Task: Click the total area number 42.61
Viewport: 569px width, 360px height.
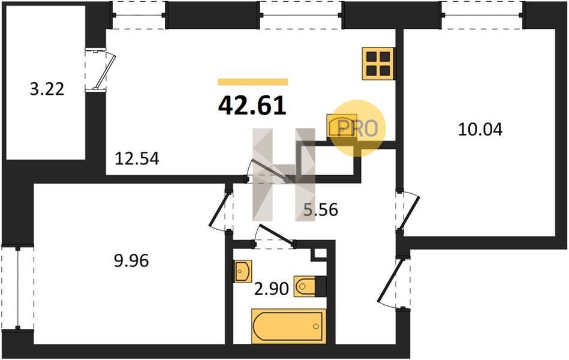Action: [252, 106]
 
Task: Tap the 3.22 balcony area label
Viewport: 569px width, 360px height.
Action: [47, 89]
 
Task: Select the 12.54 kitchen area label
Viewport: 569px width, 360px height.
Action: [137, 159]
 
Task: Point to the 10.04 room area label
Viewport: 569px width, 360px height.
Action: [480, 130]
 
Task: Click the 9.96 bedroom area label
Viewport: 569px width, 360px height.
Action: [131, 261]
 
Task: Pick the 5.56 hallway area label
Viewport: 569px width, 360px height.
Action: [321, 209]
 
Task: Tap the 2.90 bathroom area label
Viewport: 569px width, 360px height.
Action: [272, 289]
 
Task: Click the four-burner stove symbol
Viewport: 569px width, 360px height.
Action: [378, 64]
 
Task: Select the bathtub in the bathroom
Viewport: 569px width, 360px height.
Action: [288, 326]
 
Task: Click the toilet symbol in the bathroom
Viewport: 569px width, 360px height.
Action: [309, 287]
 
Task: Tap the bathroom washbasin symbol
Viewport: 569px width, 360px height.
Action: [243, 271]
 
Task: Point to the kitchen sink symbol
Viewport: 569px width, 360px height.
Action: [342, 125]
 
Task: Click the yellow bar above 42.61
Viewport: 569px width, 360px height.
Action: [252, 82]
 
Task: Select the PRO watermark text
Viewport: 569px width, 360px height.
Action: [358, 128]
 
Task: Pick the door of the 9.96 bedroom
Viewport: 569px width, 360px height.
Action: [220, 211]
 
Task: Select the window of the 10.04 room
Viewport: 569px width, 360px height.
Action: [482, 15]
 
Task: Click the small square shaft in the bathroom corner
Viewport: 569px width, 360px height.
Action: [320, 253]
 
